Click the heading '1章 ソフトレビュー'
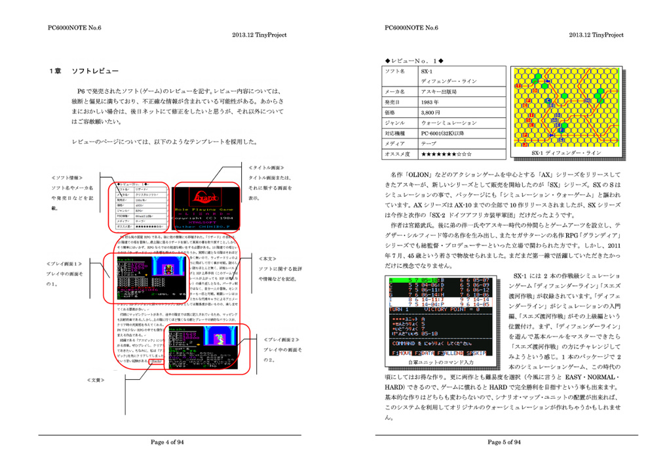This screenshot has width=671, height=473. (86, 71)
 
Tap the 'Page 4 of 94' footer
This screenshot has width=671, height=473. (168, 442)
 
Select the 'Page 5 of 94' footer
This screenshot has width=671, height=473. (505, 442)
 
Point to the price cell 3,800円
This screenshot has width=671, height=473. (432, 113)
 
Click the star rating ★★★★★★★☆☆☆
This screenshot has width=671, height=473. (446, 154)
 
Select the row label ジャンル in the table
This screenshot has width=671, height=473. (396, 123)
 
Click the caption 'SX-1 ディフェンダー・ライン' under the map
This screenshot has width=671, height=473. (566, 152)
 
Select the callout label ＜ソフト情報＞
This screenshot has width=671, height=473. (67, 178)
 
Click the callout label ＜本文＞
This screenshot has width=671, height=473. (269, 259)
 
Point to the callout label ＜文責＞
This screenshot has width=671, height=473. (96, 380)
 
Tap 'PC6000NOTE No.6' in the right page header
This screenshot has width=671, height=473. (412, 28)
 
